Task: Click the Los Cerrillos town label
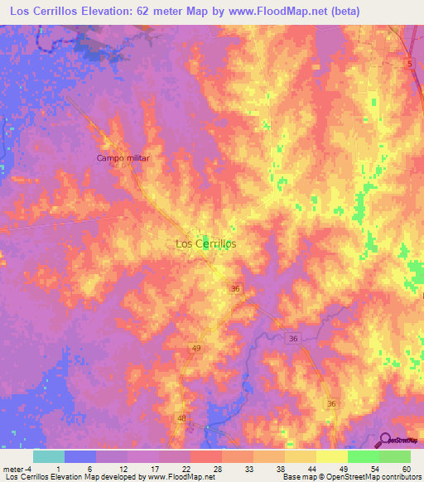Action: pyautogui.click(x=206, y=243)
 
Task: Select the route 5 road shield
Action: pyautogui.click(x=409, y=63)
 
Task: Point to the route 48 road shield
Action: pyautogui.click(x=181, y=419)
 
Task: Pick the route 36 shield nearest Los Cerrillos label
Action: pyautogui.click(x=235, y=287)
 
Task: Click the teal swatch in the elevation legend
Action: pyautogui.click(x=49, y=456)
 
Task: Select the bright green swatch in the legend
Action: pyautogui.click(x=363, y=456)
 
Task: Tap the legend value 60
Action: pyautogui.click(x=405, y=468)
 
